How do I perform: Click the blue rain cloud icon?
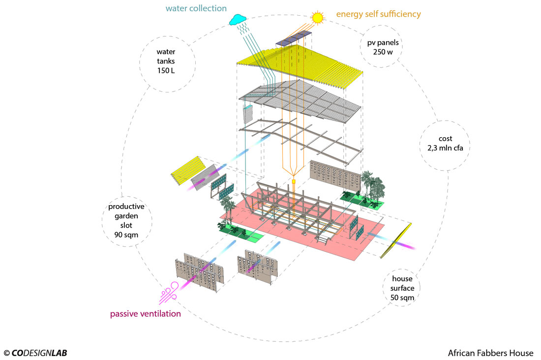[x=237, y=19]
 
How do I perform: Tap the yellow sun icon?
[x=318, y=17]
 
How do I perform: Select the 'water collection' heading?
[x=196, y=8]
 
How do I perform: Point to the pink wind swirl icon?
[x=168, y=294]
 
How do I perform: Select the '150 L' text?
[x=166, y=71]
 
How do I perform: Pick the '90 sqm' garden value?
[x=123, y=235]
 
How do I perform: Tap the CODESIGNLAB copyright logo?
[x=35, y=353]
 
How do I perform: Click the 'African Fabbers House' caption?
[x=490, y=353]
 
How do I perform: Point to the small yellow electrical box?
[x=293, y=181]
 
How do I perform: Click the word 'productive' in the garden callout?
[x=123, y=207]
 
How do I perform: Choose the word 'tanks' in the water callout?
[x=166, y=61]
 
